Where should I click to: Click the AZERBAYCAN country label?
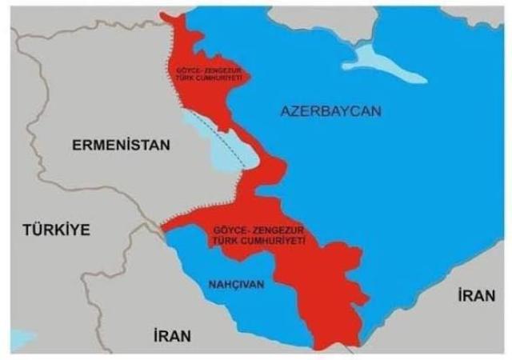(x=330, y=111)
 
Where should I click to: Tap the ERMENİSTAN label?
(x=121, y=146)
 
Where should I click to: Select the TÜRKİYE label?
(x=55, y=230)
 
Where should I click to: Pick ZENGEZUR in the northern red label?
(x=219, y=70)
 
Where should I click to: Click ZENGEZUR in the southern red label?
(x=281, y=232)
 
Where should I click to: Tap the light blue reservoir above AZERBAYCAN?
(x=385, y=62)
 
